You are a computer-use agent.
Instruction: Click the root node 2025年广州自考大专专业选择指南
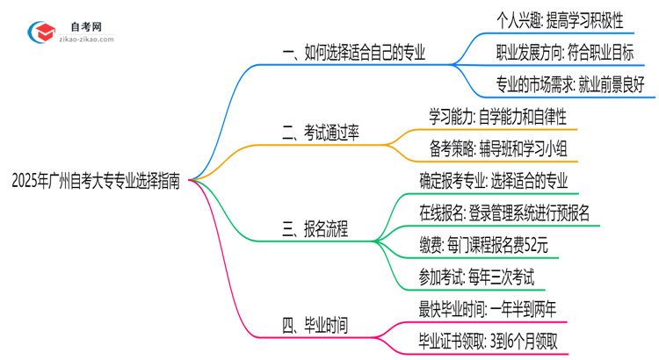[97, 182]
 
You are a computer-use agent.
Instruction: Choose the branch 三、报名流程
[315, 230]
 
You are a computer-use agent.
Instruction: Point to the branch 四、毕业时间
[315, 326]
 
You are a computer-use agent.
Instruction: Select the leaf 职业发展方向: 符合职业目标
[563, 52]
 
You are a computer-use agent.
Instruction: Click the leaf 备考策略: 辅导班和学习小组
[497, 148]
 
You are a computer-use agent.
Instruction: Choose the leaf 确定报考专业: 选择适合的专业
[494, 180]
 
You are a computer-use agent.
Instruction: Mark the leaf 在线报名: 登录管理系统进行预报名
[504, 212]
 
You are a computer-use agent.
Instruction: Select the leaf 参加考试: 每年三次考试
[475, 277]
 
